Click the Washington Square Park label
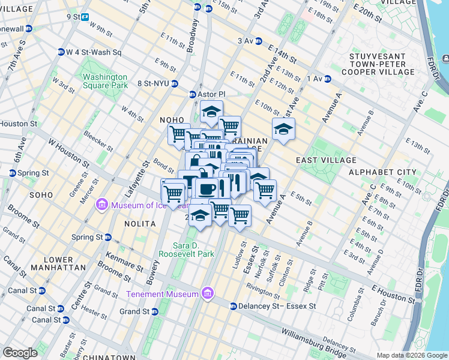(105, 81)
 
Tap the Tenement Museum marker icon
(208, 293)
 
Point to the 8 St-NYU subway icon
(175, 83)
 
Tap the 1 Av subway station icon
(328, 79)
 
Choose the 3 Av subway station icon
(259, 41)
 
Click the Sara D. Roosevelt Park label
(185, 250)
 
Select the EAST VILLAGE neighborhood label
(326, 160)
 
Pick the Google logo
(20, 352)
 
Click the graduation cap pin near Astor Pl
(211, 112)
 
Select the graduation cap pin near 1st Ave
(283, 128)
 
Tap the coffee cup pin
(207, 188)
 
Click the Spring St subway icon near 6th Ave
(13, 173)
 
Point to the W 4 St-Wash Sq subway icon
(61, 52)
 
